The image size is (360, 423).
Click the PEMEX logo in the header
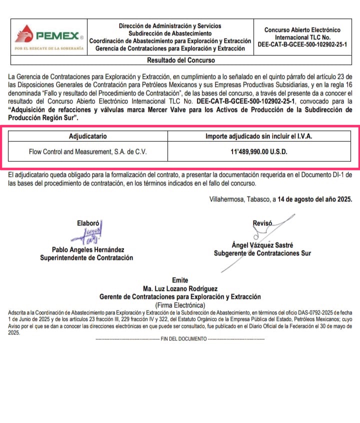click(48, 35)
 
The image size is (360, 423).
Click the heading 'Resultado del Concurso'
click(180, 60)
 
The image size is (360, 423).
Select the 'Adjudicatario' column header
click(87, 136)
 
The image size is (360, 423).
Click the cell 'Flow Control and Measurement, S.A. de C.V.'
click(87, 151)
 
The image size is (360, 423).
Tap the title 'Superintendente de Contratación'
click(87, 258)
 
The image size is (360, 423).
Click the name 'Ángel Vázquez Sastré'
click(262, 245)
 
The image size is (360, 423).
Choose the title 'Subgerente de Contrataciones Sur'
click(262, 253)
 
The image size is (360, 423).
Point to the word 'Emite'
click(180, 280)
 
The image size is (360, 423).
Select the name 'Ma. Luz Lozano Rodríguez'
click(180, 288)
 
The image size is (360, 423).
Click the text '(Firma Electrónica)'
click(180, 304)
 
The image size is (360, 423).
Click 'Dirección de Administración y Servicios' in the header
click(170, 26)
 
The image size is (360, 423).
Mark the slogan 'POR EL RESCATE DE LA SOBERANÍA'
click(48, 48)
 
